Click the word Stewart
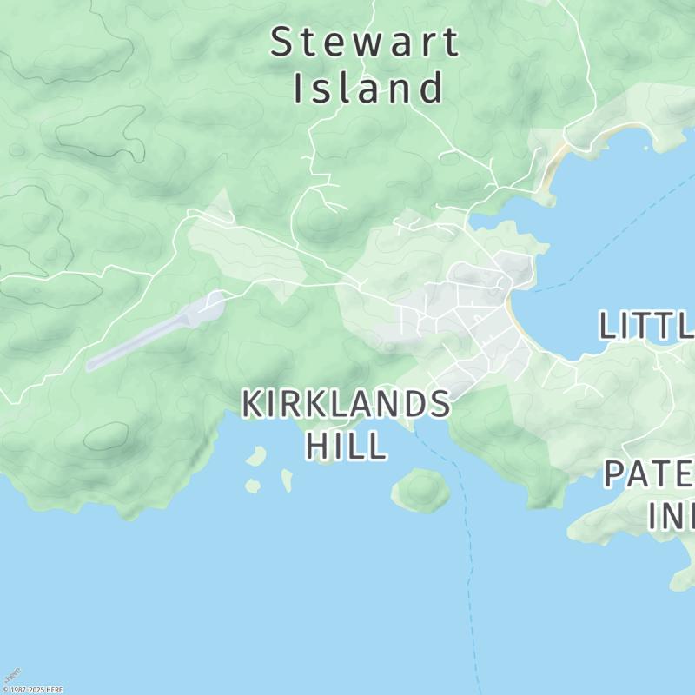[365, 43]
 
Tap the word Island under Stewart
[369, 88]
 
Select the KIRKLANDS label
[346, 404]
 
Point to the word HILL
[346, 446]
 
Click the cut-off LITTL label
[646, 326]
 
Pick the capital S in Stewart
[281, 43]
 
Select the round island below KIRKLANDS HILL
[421, 490]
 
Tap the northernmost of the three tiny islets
[256, 455]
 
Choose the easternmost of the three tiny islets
[287, 480]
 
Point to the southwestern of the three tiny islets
[252, 486]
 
